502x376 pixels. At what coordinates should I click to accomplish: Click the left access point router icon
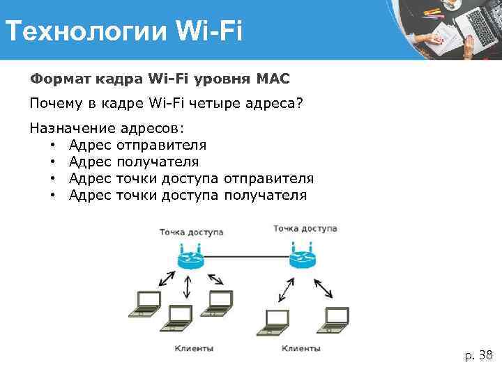(189, 258)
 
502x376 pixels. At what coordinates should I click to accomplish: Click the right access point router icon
(302, 258)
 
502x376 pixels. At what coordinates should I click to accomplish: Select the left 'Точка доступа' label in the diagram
(192, 232)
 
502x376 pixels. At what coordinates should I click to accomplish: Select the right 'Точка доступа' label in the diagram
(305, 228)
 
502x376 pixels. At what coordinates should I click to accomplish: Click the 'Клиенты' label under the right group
(301, 347)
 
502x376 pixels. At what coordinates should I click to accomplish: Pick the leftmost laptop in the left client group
(146, 302)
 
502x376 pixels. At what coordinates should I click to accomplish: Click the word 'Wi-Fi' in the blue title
(208, 31)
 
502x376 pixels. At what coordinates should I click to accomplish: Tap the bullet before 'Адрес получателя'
(52, 162)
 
